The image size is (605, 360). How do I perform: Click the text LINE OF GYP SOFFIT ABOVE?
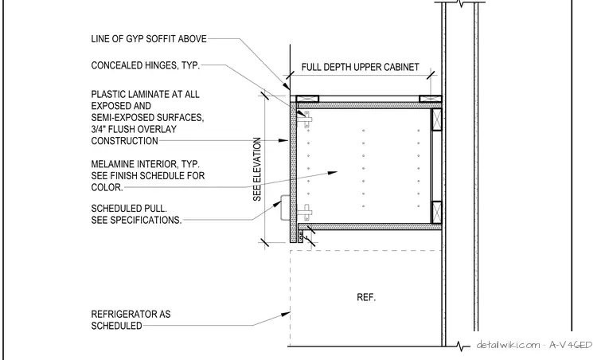(x=149, y=39)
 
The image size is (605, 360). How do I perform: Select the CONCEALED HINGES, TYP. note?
(x=146, y=65)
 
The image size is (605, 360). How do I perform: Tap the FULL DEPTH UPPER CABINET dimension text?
(x=360, y=67)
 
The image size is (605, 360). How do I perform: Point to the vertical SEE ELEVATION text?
(x=257, y=169)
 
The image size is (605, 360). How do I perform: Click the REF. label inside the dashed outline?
(x=366, y=298)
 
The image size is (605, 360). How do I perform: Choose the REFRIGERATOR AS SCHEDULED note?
(x=131, y=320)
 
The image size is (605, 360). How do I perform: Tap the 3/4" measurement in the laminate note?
(x=100, y=129)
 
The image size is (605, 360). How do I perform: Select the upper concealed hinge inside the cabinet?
(x=306, y=119)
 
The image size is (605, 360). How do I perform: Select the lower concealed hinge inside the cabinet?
(x=306, y=212)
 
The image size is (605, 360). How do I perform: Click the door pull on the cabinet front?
(x=285, y=208)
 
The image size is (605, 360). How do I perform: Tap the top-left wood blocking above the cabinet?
(x=307, y=99)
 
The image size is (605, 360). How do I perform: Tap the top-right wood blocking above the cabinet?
(x=430, y=99)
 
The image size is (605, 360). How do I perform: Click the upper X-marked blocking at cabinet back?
(x=436, y=119)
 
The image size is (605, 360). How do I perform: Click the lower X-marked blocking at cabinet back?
(x=436, y=212)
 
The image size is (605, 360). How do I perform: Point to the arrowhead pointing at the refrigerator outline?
(x=286, y=315)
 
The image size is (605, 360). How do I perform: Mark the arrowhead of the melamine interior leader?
(x=333, y=173)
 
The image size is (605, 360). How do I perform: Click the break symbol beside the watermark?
(x=462, y=346)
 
